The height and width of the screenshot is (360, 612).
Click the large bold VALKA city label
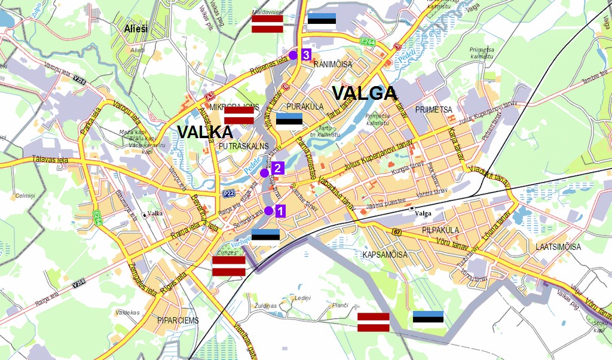click(x=204, y=132)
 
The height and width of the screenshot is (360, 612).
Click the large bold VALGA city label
click(x=364, y=93)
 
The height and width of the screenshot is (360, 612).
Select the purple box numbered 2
click(x=277, y=168)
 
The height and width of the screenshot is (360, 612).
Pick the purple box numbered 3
click(x=305, y=54)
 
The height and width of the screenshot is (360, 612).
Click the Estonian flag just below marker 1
click(x=265, y=235)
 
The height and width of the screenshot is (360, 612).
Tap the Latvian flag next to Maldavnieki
click(x=267, y=24)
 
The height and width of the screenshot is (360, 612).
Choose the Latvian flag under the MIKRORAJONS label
click(x=239, y=115)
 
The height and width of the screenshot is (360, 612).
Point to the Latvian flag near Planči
click(x=374, y=322)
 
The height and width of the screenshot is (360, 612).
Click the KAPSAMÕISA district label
click(x=385, y=255)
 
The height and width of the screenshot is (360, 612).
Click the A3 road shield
click(x=210, y=95)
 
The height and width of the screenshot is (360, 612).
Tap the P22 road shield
click(x=228, y=193)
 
